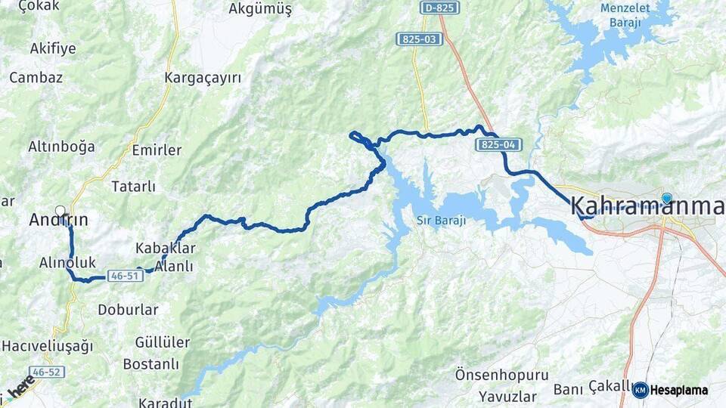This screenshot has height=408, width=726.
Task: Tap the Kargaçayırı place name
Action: [203, 78]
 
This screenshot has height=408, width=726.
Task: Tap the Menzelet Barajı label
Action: [620, 15]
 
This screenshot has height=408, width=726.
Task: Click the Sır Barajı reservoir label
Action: [441, 221]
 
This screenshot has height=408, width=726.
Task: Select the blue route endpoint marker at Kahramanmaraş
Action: [666, 199]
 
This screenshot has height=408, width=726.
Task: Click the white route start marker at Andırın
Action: [60, 211]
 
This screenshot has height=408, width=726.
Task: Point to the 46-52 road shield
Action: [49, 372]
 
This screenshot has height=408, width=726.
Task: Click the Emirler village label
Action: [157, 150]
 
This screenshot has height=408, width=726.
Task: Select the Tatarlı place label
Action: [133, 186]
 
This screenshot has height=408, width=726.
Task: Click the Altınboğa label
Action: [61, 147]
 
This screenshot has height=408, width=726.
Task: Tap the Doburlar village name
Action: [129, 310]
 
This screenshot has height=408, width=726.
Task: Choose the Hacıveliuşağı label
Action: [47, 346]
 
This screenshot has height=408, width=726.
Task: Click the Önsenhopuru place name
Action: [491, 375]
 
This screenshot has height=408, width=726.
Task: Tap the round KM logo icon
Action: [641, 390]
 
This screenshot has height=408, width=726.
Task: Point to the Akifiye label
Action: [53, 49]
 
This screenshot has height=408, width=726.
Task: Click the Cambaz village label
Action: [36, 77]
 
